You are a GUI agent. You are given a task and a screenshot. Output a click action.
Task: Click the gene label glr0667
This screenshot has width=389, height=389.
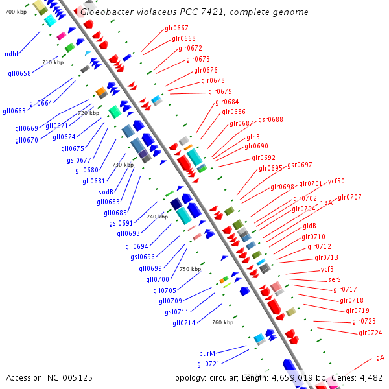pos(176,29)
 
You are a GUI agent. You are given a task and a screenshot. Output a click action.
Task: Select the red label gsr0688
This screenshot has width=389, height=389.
pos(270,119)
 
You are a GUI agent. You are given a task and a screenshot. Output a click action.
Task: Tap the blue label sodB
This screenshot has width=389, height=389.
pos(106,192)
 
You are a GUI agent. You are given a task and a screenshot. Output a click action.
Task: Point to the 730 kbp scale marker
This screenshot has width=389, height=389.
pos(123,165)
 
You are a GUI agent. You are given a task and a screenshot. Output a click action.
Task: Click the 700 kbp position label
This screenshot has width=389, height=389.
pos(16,12)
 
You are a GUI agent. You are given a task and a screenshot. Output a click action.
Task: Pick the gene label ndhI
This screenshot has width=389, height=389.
pos(11,54)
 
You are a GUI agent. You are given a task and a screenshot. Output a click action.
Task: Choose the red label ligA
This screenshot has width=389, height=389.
pos(378,357)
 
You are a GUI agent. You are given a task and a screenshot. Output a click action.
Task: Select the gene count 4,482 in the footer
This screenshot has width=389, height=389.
pos(368,377)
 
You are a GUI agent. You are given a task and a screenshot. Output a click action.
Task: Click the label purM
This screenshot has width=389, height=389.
pos(207,354)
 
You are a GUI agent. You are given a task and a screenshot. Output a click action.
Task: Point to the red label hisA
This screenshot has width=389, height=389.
pos(325,203)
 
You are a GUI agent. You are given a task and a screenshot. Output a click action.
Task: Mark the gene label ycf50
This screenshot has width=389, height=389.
pos(336,182)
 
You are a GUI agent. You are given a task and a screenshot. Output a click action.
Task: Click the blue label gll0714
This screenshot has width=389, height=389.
pos(183,323)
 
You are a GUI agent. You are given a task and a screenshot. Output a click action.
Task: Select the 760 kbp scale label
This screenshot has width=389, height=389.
pos(222,322)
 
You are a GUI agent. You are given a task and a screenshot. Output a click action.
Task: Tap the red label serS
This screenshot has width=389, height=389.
pos(335,279)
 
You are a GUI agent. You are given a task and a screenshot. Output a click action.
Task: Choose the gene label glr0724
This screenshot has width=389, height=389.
pos(370,333)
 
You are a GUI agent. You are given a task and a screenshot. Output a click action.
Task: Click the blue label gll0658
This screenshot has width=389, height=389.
pos(19,74)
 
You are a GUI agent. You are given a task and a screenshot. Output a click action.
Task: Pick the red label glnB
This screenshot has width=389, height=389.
pos(253,137)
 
